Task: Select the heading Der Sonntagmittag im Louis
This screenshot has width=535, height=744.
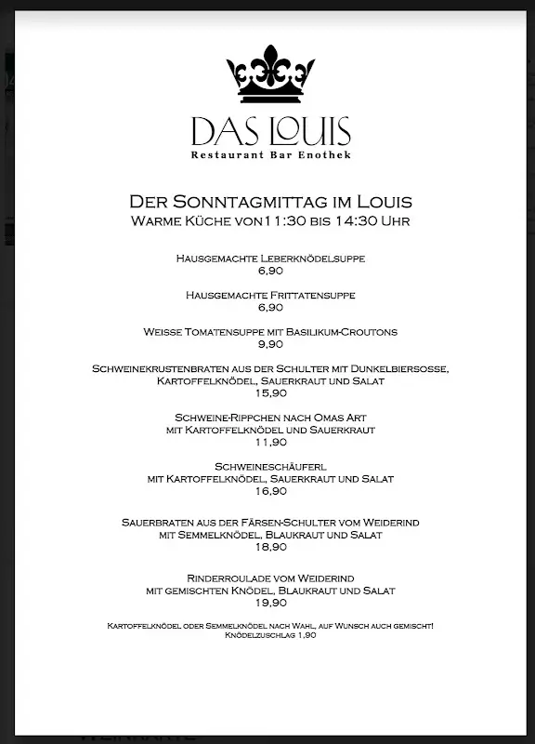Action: (x=270, y=202)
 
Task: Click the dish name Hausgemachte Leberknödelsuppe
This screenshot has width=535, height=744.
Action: (x=270, y=258)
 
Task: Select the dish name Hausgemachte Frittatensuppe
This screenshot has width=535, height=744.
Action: (x=270, y=295)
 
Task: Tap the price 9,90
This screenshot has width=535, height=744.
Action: (x=270, y=344)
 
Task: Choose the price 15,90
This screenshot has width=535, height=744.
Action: (x=270, y=393)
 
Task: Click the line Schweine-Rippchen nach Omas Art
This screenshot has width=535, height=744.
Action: (x=270, y=418)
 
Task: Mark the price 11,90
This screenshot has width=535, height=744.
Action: (x=270, y=442)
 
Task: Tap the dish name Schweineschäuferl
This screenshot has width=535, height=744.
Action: (x=270, y=467)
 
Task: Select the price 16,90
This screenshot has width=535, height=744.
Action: (x=270, y=491)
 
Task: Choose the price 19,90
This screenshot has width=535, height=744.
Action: (x=270, y=603)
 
